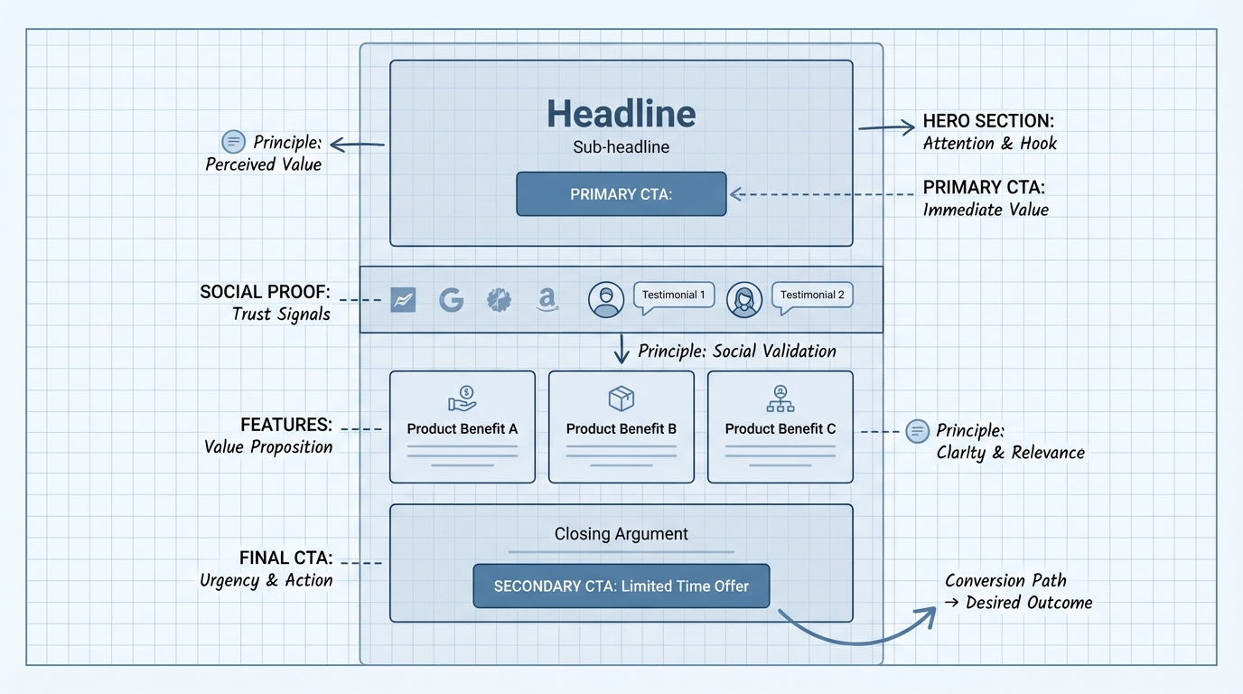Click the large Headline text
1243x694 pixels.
point(621,114)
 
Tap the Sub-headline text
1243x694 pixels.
point(621,146)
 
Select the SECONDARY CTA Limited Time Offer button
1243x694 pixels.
point(621,586)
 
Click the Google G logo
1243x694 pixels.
point(451,300)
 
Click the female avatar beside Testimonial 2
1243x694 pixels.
point(743,300)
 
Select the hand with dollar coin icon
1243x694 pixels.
point(462,398)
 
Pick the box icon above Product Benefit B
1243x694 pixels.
point(621,398)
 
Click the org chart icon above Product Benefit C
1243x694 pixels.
point(780,398)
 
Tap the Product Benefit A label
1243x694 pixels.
point(462,428)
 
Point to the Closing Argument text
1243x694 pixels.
point(621,534)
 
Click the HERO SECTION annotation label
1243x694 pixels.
point(988,121)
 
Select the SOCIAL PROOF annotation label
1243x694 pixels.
point(265,293)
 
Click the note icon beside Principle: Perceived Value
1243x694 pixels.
point(233,142)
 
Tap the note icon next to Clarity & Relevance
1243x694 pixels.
point(917,431)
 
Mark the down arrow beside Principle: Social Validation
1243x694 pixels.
point(621,349)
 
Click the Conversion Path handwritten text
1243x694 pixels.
point(1005,580)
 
